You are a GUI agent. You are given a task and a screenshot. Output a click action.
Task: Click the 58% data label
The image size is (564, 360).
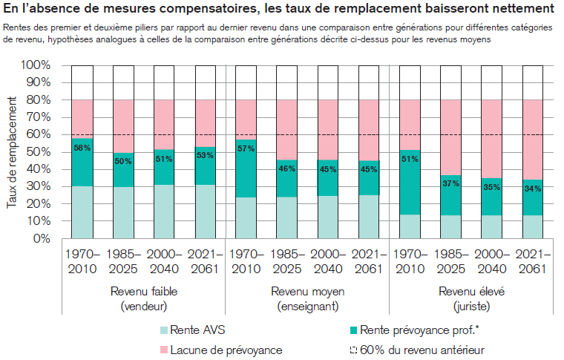[x=82, y=148]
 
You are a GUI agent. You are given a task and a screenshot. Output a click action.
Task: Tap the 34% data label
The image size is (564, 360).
[x=533, y=189]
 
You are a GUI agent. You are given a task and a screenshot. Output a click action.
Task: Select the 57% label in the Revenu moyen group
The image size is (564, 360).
[x=246, y=149]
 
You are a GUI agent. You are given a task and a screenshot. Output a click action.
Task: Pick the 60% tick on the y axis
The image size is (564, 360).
[x=39, y=134]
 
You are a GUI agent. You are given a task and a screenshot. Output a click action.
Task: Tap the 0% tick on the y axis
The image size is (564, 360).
[x=42, y=238]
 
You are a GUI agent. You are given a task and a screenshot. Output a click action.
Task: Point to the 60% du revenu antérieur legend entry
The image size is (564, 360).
[x=423, y=349]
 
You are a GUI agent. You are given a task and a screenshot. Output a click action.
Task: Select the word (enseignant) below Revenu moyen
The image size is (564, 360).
[x=307, y=305]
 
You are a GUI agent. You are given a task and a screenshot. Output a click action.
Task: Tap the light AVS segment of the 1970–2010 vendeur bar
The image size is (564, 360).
[x=82, y=212]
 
